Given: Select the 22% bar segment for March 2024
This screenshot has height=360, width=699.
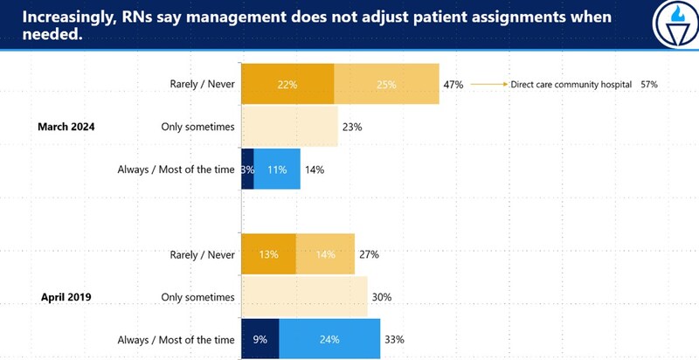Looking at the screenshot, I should click(x=287, y=85).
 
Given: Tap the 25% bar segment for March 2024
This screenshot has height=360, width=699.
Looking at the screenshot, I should click(x=387, y=85).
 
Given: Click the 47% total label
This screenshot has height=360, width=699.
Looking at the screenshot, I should click(x=453, y=85).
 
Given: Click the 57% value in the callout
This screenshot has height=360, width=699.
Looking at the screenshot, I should click(x=647, y=85).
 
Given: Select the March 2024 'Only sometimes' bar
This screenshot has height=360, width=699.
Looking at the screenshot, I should click(x=289, y=127).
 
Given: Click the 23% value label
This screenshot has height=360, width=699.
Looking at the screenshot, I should click(x=353, y=127).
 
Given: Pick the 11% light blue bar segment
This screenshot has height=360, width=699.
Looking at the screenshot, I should click(x=278, y=170).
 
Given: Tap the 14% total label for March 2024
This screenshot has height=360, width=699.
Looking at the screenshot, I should click(x=314, y=170).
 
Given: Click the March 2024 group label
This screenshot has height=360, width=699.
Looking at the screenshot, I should click(x=66, y=127).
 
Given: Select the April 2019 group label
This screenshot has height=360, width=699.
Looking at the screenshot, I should click(x=66, y=297).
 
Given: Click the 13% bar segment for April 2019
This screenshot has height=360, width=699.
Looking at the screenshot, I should click(x=269, y=254).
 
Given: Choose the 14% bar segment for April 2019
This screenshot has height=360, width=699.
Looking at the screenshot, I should click(x=325, y=254).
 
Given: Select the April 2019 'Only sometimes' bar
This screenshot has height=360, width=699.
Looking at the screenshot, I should click(x=304, y=297).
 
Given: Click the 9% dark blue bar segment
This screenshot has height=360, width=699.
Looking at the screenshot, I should click(x=260, y=339).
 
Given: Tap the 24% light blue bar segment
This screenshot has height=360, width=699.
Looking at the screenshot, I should click(x=329, y=339).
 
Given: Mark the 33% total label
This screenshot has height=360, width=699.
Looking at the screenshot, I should click(x=394, y=339).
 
